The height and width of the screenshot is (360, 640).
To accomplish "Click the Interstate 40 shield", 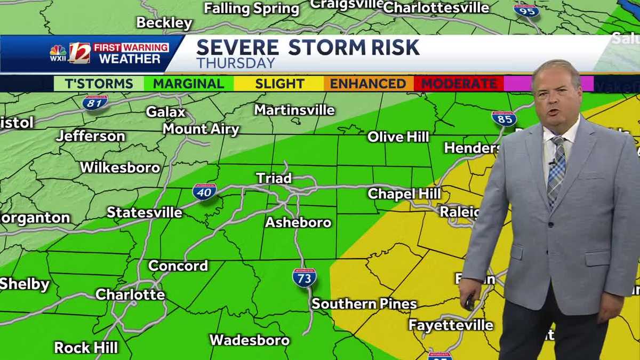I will pos(204,191).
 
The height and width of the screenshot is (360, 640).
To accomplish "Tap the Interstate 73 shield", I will pos(304,277).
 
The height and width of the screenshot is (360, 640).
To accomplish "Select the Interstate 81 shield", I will pos(95,102).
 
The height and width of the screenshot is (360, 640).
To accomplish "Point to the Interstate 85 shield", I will pos(503,118).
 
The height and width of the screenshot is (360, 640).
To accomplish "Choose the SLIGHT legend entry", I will pos(279,84).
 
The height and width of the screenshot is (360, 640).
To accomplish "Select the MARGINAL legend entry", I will pos(188,84).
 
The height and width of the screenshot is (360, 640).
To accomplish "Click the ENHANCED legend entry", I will pos(368,84).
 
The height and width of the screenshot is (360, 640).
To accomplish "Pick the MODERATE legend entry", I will pos(459,84).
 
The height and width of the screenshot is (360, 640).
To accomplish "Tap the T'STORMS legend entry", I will pos(99,84).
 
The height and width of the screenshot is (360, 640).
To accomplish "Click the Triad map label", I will pos(274,178).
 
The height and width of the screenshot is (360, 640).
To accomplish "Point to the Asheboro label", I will pos(298,222).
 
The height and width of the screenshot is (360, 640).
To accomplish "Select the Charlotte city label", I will pos(130,294).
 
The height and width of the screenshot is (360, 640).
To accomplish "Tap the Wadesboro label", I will pos(250,340).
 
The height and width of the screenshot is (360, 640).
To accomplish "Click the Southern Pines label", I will pos(364,304).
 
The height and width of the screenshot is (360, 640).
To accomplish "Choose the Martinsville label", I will pos(294,110).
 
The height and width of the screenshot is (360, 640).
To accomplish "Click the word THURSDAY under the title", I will pos(236,63).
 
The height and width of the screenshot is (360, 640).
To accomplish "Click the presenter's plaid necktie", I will pos(556,171).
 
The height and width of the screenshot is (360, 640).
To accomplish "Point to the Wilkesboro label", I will pos(120,167).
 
